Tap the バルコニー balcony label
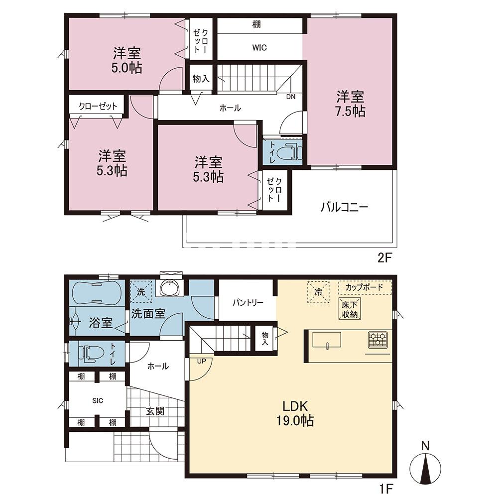345,208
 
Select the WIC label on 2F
259,48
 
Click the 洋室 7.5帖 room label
350,104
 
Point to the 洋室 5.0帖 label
126,60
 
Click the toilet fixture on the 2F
289,152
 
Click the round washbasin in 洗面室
171,288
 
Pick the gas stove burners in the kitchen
377,339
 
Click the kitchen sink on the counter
327,340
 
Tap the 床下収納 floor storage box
350,309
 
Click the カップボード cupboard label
365,287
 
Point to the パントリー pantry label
248,302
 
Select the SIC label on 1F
98,401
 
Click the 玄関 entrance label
155,411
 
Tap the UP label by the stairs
201,361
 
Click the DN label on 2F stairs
291,97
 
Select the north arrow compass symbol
425,467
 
